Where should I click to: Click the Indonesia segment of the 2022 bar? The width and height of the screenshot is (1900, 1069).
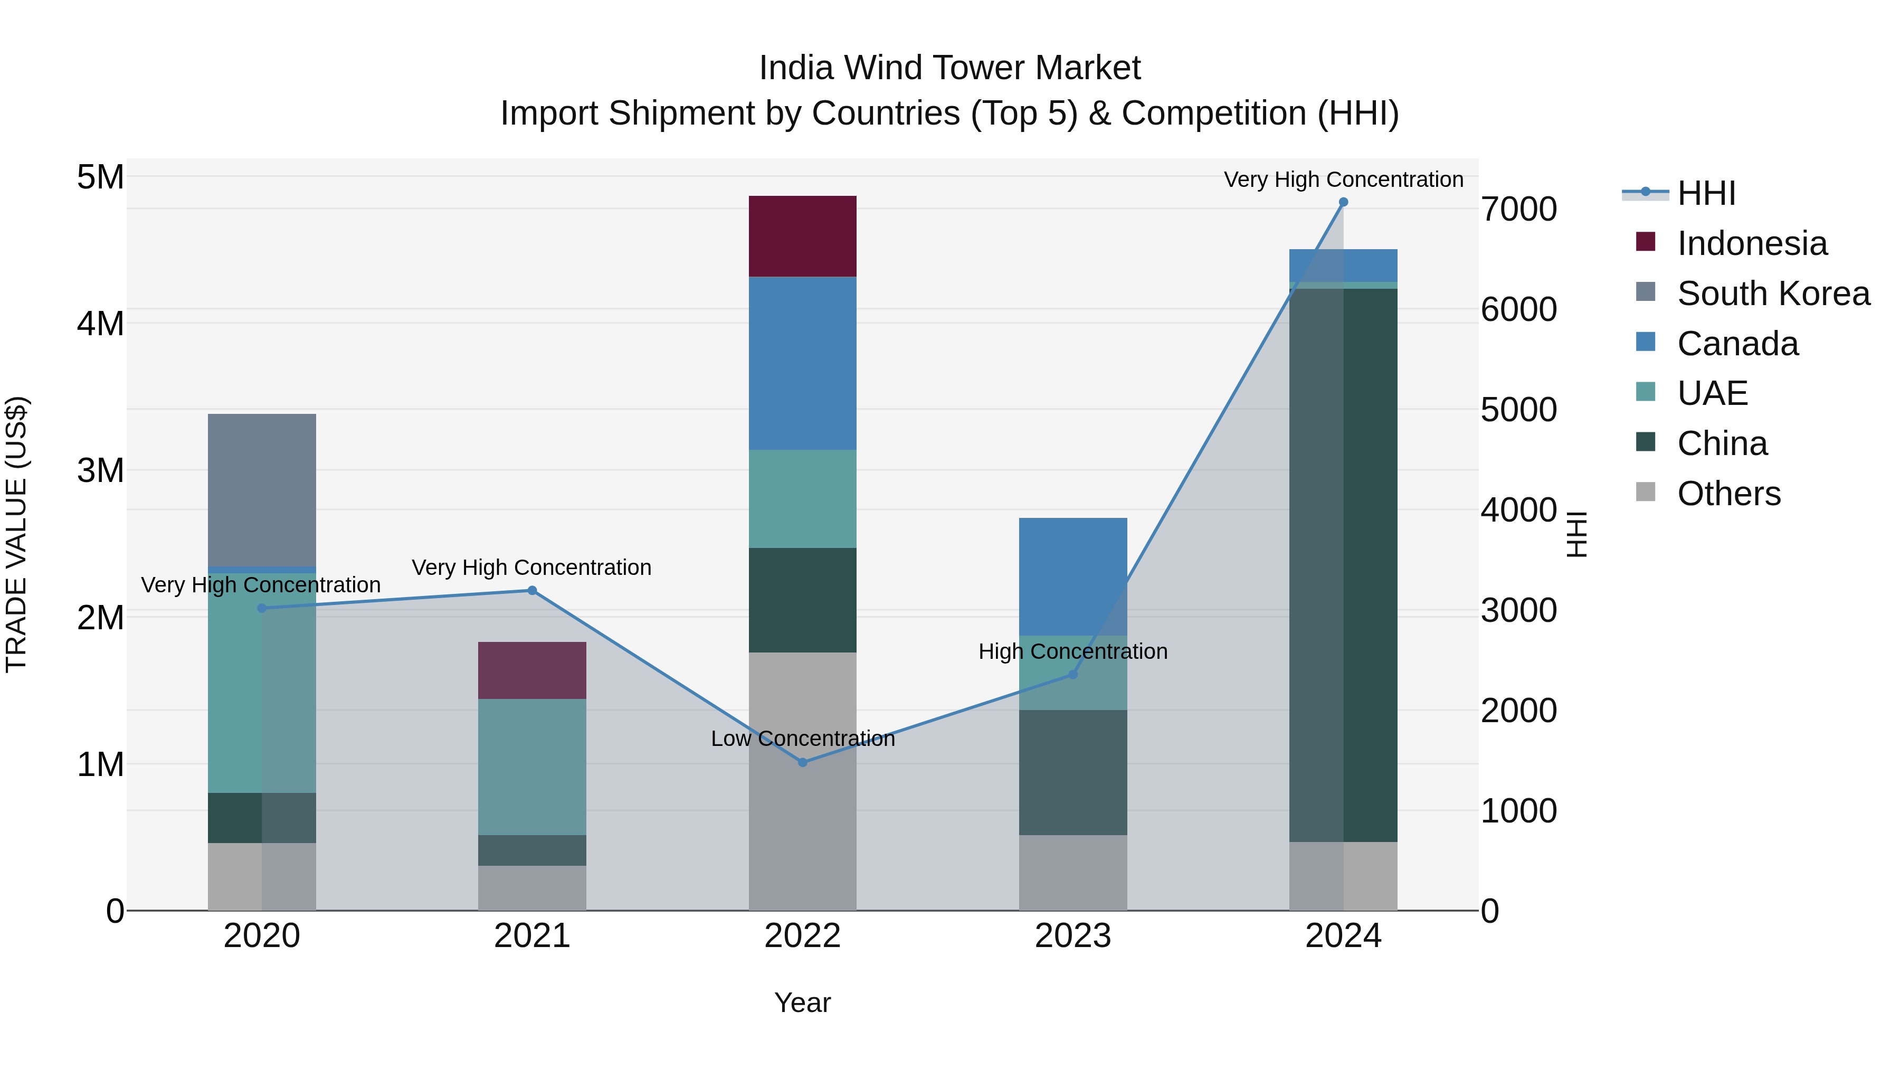tap(802, 236)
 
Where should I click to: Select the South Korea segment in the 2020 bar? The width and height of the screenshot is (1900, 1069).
tap(262, 490)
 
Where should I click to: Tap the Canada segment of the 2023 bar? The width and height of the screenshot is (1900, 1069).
tap(1073, 576)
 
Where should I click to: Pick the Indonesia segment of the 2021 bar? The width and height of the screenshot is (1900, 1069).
tap(532, 670)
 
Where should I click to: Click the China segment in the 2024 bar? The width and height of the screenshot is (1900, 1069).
tap(1343, 565)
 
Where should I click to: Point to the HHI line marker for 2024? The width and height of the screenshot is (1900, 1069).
tap(1343, 202)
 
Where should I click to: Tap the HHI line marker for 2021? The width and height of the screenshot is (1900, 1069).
tap(532, 590)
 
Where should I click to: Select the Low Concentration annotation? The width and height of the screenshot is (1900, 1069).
tap(802, 739)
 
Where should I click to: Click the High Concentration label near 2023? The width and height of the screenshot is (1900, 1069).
tap(1072, 651)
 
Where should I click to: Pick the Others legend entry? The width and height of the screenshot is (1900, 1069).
tap(1728, 494)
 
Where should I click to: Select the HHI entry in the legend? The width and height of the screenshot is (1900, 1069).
tap(1705, 193)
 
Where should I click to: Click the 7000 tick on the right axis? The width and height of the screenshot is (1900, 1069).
tap(1518, 210)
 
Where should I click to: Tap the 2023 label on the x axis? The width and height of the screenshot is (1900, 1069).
tap(1072, 936)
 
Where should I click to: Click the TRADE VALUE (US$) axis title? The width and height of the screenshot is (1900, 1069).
tap(17, 534)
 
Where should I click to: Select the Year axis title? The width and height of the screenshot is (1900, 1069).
tap(802, 1002)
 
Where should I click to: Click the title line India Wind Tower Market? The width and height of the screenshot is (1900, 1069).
tap(949, 68)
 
